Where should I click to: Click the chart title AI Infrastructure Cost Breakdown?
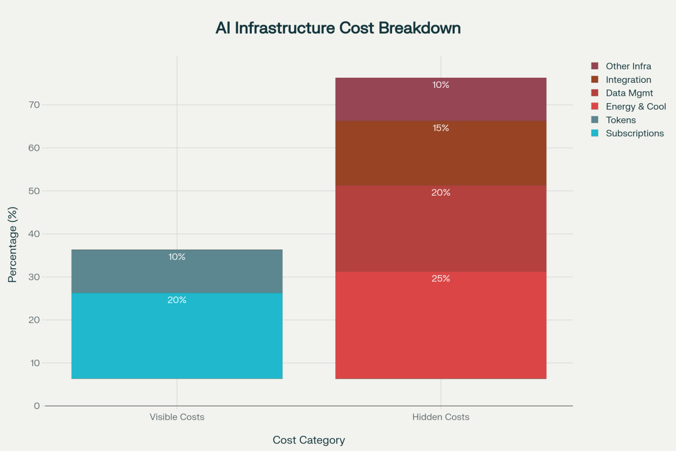[338, 28]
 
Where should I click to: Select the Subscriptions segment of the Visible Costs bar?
[177, 336]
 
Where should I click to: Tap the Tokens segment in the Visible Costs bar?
[177, 271]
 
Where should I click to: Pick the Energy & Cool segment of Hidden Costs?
[441, 325]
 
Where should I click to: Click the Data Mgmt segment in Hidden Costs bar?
[441, 229]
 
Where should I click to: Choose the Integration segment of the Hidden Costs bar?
[441, 153]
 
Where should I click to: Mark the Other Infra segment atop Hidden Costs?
[441, 99]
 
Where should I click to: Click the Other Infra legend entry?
[628, 67]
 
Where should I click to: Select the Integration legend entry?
[628, 80]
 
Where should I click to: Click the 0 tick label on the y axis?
[37, 406]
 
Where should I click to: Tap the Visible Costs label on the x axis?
[177, 418]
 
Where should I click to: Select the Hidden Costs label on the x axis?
[441, 418]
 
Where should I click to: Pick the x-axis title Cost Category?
[309, 440]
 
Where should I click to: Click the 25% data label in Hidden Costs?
[441, 278]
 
